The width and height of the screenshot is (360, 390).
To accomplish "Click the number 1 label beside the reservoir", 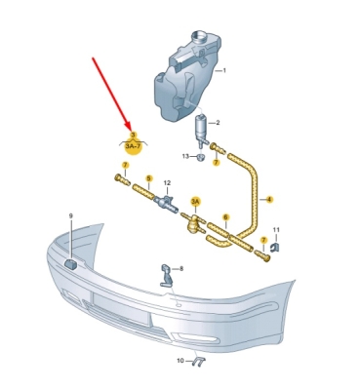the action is click(224, 70).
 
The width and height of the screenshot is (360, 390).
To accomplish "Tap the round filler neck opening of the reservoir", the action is click(199, 35).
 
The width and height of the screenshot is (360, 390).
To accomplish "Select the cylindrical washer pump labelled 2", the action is click(201, 130).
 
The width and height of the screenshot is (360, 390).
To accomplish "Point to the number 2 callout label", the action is click(218, 123).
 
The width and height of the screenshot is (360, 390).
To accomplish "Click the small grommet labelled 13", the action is click(201, 158).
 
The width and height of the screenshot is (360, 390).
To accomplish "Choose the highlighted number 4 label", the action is click(269, 199).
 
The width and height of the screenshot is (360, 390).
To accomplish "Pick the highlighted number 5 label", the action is click(149, 178).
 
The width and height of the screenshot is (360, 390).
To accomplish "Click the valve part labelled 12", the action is click(167, 204).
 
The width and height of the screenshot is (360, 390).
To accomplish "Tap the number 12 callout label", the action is click(167, 183).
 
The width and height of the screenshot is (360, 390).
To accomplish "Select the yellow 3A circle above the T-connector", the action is click(195, 202).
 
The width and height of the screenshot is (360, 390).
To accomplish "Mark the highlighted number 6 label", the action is click(225, 216).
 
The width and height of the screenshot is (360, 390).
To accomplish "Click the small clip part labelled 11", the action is click(275, 247).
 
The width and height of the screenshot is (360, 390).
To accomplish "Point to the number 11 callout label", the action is click(276, 230).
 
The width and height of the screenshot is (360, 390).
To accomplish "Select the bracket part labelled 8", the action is click(167, 275).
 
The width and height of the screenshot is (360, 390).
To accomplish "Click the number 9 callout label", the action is click(71, 215).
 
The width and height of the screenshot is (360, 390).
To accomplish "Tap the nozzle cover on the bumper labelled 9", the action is click(70, 264).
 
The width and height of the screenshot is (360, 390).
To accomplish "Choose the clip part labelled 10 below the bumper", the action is click(198, 361).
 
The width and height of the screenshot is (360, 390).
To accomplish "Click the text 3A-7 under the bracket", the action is click(134, 146).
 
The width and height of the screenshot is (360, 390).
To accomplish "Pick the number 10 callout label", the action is click(180, 361).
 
